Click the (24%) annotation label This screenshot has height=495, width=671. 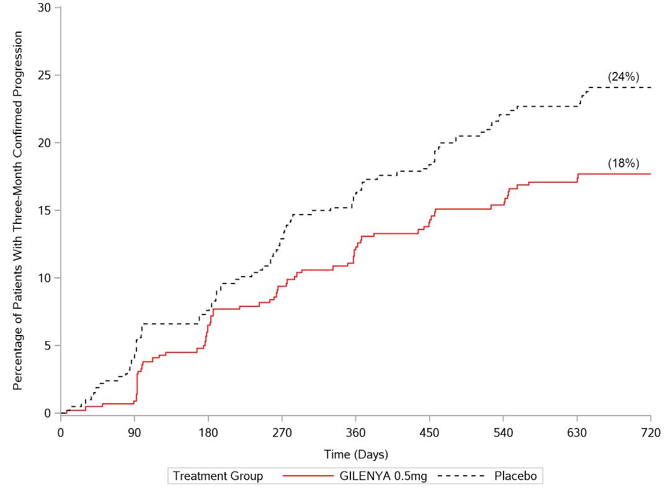point(623,77)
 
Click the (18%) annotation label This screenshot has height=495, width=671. point(623,164)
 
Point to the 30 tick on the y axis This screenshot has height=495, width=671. point(45,8)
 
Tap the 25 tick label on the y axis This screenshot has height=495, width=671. point(45,76)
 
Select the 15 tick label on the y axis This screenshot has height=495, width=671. point(45,210)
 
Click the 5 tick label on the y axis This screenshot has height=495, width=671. point(48,346)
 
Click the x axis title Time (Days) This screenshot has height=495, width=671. point(356,455)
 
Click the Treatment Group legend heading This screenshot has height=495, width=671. point(218,476)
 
